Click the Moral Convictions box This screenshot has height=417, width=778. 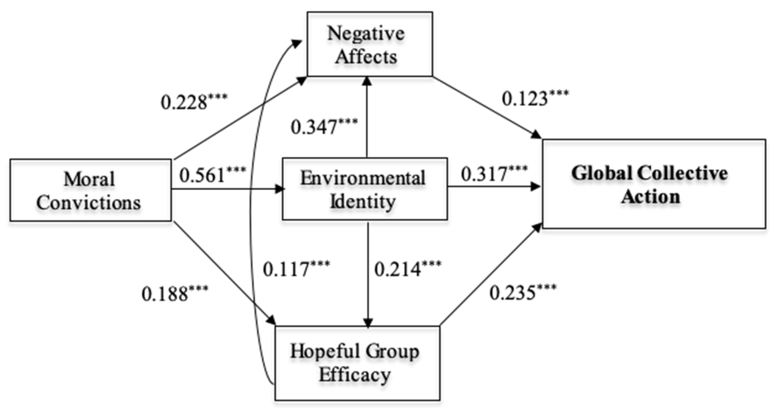[90, 190]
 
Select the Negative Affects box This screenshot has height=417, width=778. [369, 44]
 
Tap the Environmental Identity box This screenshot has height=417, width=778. [364, 189]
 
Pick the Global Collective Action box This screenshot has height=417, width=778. [654, 184]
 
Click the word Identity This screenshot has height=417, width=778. [363, 201]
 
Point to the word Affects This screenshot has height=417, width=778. [366, 56]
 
